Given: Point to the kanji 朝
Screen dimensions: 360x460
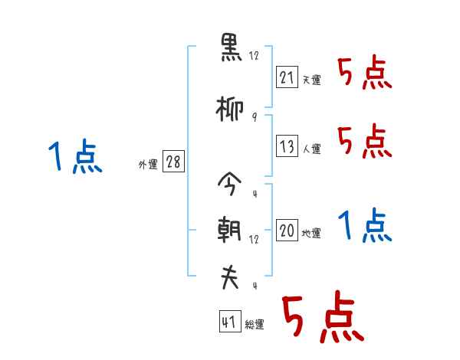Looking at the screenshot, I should click(x=230, y=230).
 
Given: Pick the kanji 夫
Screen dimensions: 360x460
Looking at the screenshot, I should click(x=230, y=277).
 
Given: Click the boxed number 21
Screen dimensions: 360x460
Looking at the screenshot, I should click(x=286, y=77).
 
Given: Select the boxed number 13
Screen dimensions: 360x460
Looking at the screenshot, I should click(x=286, y=147).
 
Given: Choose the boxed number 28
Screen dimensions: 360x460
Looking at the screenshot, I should click(x=173, y=162).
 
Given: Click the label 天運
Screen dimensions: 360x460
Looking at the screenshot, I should click(x=311, y=80).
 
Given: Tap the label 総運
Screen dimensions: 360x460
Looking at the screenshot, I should click(x=255, y=325).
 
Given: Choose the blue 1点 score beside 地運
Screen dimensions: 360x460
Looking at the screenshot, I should click(x=364, y=226).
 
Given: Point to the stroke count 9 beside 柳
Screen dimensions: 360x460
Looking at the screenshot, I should click(x=254, y=117).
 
